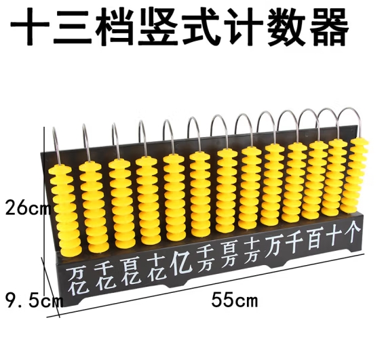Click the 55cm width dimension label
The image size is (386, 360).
click(234, 300)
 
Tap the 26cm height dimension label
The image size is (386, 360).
click(28, 207)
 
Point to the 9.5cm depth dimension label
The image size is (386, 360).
click(34, 300)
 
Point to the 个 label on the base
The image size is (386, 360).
click(353, 232)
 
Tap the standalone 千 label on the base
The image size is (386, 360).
click(295, 243)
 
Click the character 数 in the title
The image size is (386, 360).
click(287, 26)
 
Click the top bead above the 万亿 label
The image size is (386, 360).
click(60, 169)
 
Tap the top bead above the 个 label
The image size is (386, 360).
click(360, 142)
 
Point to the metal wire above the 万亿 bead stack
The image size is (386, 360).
click(56, 145)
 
